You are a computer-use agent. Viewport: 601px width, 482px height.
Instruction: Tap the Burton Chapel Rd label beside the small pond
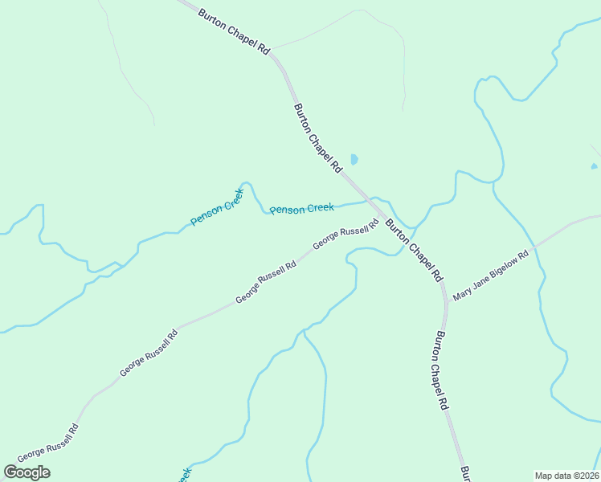pyautogui.click(x=318, y=138)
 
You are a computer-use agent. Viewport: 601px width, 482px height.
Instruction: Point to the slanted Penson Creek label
pyautogui.click(x=216, y=211)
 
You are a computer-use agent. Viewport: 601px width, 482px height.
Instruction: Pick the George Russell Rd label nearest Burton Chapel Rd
pyautogui.click(x=345, y=234)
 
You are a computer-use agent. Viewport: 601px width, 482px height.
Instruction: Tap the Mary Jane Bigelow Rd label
pyautogui.click(x=490, y=276)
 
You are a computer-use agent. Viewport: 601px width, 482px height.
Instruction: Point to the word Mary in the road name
pyautogui.click(x=462, y=292)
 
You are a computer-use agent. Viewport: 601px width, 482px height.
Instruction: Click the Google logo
pyautogui.click(x=27, y=472)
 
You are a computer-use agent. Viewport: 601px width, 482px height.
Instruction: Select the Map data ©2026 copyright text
pyautogui.click(x=566, y=476)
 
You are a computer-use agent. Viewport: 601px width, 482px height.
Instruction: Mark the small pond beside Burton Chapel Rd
pyautogui.click(x=354, y=160)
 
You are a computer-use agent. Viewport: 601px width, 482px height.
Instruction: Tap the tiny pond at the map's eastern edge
pyautogui.click(x=594, y=166)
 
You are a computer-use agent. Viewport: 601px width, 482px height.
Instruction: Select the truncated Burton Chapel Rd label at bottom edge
pyautogui.click(x=464, y=473)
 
